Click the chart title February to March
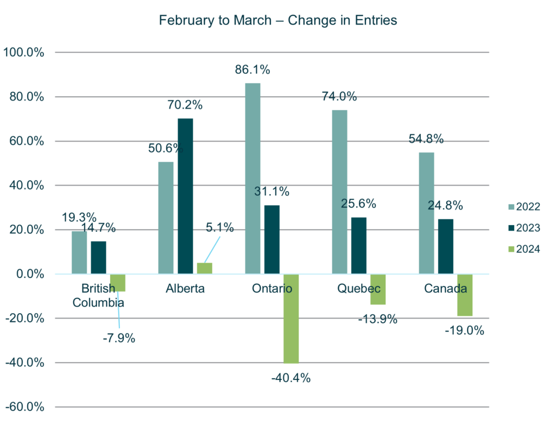277,21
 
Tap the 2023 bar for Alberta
185,195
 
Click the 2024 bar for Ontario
291,319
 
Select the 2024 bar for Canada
464,295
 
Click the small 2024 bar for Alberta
205,268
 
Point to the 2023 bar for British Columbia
99,257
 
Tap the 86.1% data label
252,70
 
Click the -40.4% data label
291,378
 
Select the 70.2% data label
185,105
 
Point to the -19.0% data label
464,330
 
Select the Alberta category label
185,289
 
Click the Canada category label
445,289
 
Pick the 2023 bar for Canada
445,246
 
